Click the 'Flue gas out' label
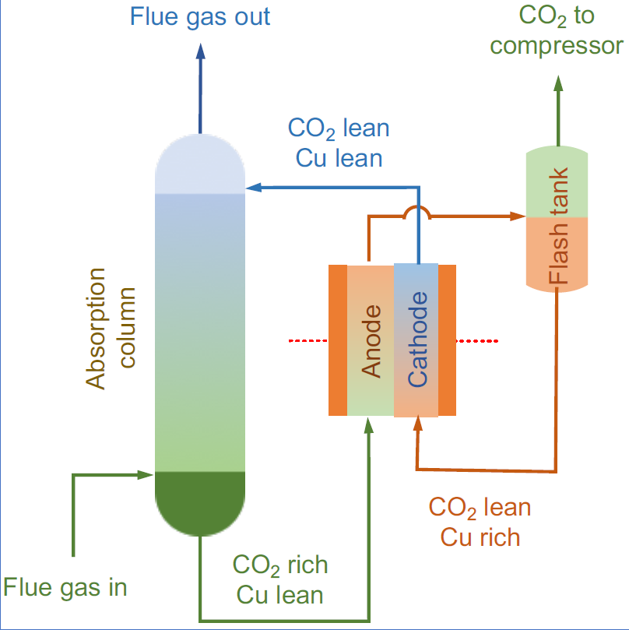[200, 16]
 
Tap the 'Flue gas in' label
[65, 586]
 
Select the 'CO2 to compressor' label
[557, 31]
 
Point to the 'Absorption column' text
[110, 328]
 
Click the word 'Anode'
[373, 341]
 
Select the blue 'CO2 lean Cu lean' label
[339, 143]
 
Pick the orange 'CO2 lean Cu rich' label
[480, 522]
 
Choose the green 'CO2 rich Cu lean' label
[280, 579]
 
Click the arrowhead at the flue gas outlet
[200, 51]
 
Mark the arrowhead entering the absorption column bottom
[146, 473]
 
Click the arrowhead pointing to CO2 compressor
[558, 83]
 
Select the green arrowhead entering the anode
[370, 425]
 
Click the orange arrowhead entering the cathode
[418, 425]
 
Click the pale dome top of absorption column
[200, 163]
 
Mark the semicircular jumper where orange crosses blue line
[418, 211]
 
